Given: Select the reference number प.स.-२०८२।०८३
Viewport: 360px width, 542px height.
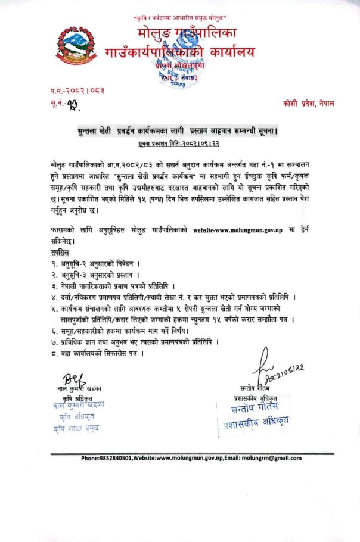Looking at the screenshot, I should coord(75,90).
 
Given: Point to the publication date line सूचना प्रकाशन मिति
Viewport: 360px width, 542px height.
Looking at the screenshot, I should coord(180,143).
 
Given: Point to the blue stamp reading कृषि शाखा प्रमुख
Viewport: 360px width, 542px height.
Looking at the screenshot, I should coord(76,428).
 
